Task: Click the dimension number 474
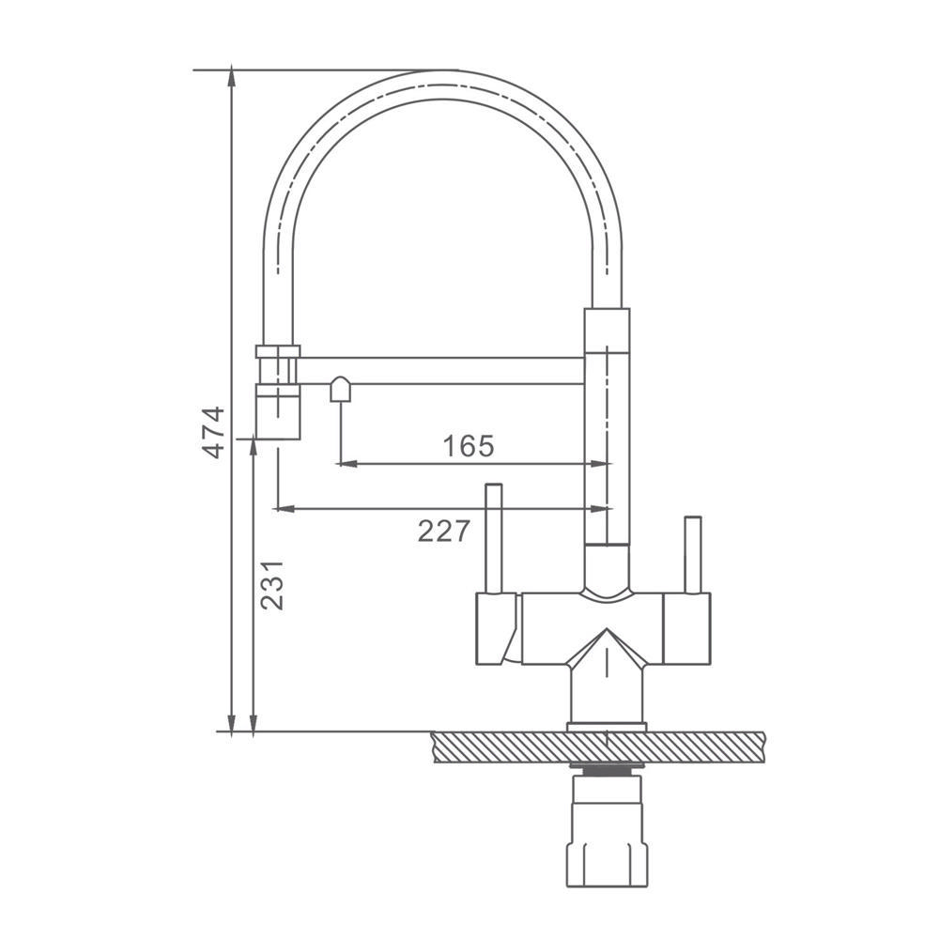pyautogui.click(x=214, y=432)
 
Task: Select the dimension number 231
pyautogui.click(x=272, y=585)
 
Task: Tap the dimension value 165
pyautogui.click(x=469, y=445)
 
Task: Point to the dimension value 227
pyautogui.click(x=444, y=531)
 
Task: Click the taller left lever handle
pyautogui.click(x=494, y=538)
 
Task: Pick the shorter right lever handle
pyautogui.click(x=693, y=555)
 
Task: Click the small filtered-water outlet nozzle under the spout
pyautogui.click(x=340, y=390)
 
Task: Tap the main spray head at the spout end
pyautogui.click(x=278, y=412)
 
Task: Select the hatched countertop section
pyautogui.click(x=598, y=747)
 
